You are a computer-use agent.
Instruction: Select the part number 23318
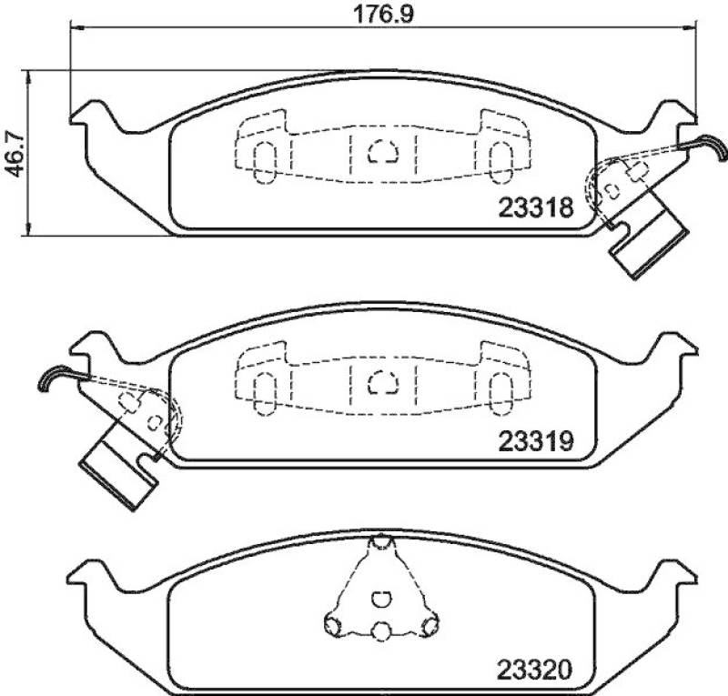point(535,208)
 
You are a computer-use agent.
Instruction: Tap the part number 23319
point(535,441)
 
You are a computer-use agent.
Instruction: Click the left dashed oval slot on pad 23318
point(263,161)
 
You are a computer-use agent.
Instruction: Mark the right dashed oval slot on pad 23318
point(499,161)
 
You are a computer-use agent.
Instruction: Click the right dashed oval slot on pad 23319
point(499,393)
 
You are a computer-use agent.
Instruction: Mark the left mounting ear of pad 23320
point(91,573)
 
